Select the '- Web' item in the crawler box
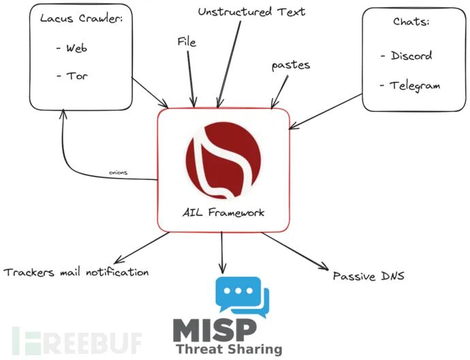tap(72, 48)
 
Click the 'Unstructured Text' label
tap(251, 12)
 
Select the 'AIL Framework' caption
tap(223, 213)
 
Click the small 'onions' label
tap(119, 172)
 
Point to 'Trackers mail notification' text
tap(76, 273)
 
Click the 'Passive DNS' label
tap(368, 276)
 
